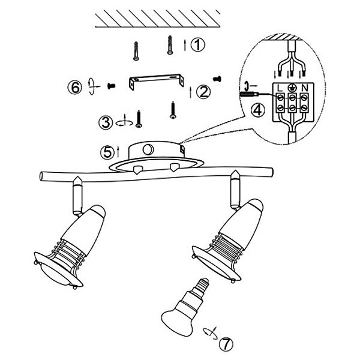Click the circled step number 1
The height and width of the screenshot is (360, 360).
[197, 44]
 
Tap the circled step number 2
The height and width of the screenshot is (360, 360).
[203, 92]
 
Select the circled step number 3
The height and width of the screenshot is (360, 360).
[106, 122]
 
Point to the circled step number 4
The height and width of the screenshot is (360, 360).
[257, 110]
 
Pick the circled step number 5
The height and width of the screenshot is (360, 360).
[107, 152]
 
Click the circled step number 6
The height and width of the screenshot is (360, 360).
[74, 88]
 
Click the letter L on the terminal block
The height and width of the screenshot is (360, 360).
[280, 88]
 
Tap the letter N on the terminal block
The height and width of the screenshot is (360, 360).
[304, 88]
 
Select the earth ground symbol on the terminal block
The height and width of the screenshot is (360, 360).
[292, 87]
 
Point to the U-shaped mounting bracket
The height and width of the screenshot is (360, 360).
[157, 81]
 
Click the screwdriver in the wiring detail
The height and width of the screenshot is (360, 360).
[250, 94]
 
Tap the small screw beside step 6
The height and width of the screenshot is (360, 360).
[112, 86]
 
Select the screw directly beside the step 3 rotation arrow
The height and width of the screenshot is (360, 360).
[139, 119]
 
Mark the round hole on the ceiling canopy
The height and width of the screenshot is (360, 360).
[148, 149]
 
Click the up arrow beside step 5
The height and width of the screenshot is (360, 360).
[118, 152]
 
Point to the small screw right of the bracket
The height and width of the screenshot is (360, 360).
[217, 79]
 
